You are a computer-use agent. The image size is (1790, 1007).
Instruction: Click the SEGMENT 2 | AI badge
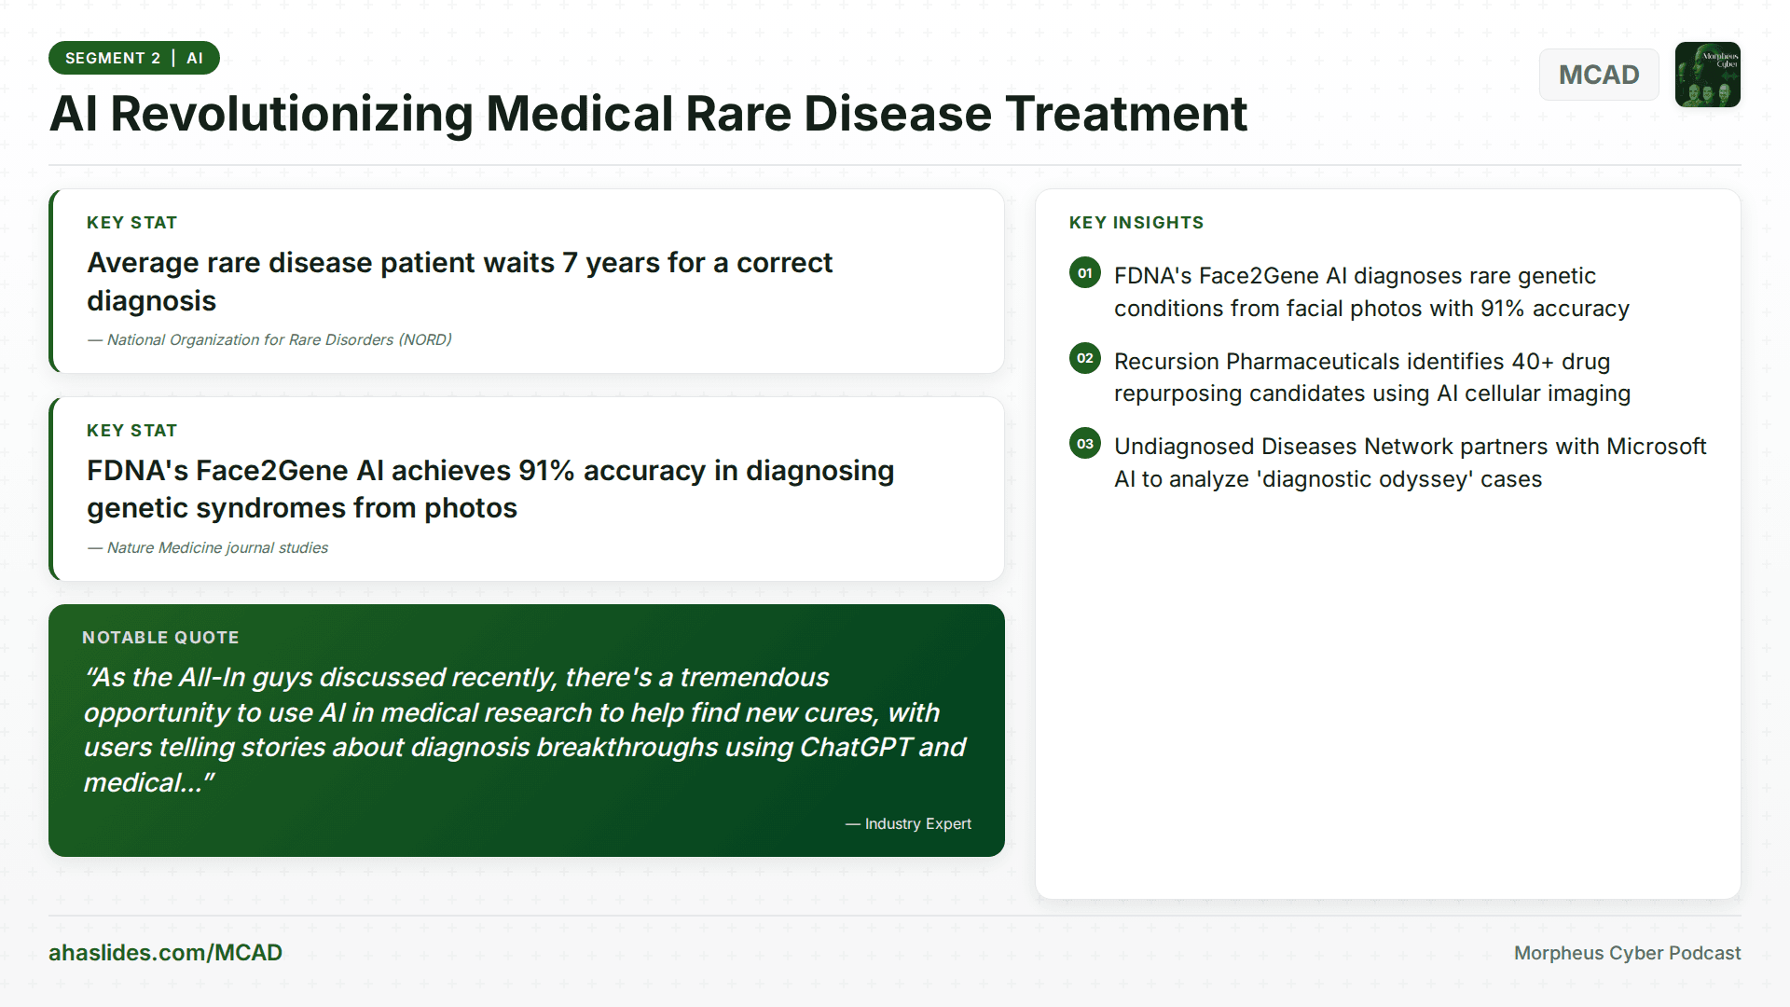click(x=133, y=58)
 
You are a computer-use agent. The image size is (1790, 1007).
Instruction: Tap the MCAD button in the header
click(x=1598, y=75)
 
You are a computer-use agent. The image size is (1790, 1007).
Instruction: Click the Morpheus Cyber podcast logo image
click(x=1707, y=75)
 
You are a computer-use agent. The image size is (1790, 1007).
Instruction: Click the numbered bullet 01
click(x=1084, y=273)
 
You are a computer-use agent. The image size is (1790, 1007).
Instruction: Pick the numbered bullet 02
click(x=1084, y=358)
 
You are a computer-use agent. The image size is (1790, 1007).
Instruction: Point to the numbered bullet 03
click(x=1084, y=444)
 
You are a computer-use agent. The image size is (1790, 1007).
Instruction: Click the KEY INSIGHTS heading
click(x=1136, y=223)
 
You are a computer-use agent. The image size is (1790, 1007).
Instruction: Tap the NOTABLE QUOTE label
click(x=160, y=638)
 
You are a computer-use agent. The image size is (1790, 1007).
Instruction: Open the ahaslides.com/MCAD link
click(x=165, y=953)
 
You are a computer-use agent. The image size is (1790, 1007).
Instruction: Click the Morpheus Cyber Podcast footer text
click(x=1627, y=953)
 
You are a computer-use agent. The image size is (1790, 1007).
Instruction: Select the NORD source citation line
click(x=269, y=340)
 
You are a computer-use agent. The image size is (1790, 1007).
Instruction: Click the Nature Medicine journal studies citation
click(x=208, y=548)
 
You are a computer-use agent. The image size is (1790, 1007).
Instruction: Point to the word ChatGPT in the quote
click(x=855, y=748)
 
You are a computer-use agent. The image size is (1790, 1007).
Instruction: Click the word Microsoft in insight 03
click(x=1656, y=447)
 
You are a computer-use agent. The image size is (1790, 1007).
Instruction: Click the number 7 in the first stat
click(x=569, y=264)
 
